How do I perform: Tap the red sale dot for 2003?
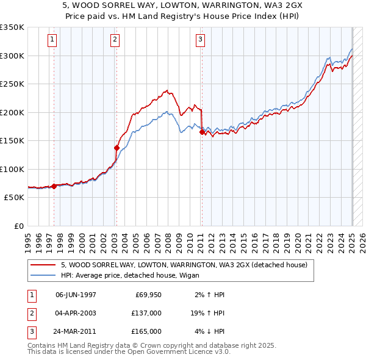pos(116,148)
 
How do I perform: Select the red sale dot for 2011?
pos(202,132)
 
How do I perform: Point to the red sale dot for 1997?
pos(54,186)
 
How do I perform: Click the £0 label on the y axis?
pos(18,226)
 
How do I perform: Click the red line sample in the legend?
pos(43,265)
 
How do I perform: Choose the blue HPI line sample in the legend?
pos(43,276)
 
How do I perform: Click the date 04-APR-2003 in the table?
pos(76,313)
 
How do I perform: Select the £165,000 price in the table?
pos(147,331)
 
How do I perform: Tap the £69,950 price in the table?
pos(147,295)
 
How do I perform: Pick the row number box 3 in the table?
pos(31,331)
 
